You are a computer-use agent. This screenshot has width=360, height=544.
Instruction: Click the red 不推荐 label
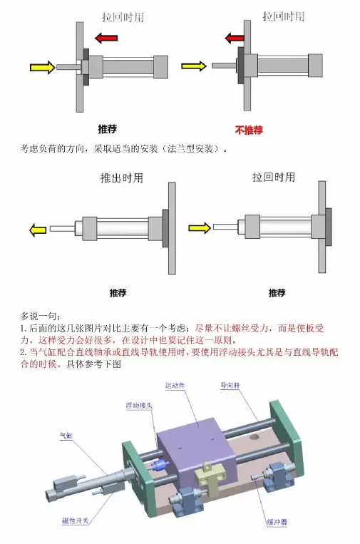(x=249, y=130)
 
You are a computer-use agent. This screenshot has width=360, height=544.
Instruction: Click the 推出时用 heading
(x=121, y=178)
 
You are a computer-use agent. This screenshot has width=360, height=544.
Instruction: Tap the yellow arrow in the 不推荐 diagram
(x=193, y=66)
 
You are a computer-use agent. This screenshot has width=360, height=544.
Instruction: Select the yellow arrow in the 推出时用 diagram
(x=34, y=230)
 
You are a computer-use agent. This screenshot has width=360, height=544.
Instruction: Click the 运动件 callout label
(x=175, y=386)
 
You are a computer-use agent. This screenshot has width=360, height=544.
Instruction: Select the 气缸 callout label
(x=65, y=434)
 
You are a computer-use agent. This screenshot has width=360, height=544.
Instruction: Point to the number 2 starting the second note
(x=23, y=353)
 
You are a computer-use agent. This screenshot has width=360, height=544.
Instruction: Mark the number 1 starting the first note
(x=23, y=329)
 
